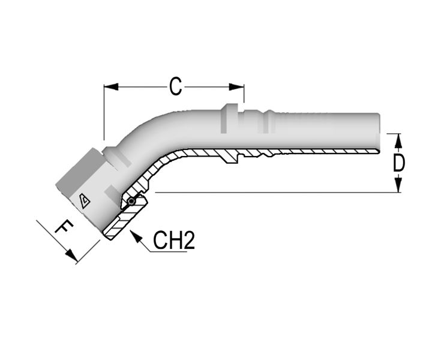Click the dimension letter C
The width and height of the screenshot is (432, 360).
[175, 86]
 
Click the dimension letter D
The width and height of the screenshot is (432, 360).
[398, 163]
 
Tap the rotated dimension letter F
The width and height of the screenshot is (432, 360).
[64, 227]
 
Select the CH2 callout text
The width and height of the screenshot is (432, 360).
[174, 241]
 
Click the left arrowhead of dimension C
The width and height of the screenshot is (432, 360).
[111, 87]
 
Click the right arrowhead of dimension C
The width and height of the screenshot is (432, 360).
[236, 87]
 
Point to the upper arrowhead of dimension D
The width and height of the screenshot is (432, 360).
[398, 141]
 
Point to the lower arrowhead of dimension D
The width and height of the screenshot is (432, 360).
[398, 185]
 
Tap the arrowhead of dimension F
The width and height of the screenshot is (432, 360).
[71, 255]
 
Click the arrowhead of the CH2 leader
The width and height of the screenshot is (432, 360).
[136, 236]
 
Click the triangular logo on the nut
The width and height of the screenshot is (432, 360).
[85, 201]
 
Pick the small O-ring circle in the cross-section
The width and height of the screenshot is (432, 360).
[131, 202]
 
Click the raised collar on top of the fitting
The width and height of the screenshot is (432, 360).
[229, 118]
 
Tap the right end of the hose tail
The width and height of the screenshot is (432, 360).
[379, 133]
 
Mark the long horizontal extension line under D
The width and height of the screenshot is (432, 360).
[278, 192]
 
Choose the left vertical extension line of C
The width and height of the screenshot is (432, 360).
[104, 113]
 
